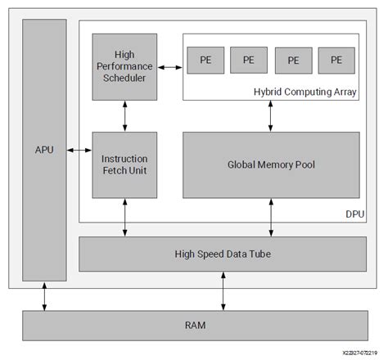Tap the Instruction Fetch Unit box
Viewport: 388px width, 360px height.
pyautogui.click(x=124, y=164)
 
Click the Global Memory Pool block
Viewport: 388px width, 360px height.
pyautogui.click(x=270, y=164)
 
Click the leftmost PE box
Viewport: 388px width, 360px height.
pyautogui.click(x=201, y=60)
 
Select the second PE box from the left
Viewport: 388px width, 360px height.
pyautogui.click(x=248, y=60)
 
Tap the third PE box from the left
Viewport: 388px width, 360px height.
pyautogui.click(x=293, y=60)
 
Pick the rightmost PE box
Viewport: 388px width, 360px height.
pyautogui.click(x=336, y=60)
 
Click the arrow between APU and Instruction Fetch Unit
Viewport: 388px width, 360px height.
pyautogui.click(x=79, y=150)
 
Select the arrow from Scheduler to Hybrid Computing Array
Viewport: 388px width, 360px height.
pyautogui.click(x=169, y=67)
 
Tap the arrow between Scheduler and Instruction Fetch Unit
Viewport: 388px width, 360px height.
pyautogui.click(x=124, y=115)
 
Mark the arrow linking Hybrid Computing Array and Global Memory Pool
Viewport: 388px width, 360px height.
pyautogui.click(x=270, y=115)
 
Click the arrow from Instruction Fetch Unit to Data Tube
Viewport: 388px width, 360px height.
pyautogui.click(x=124, y=218)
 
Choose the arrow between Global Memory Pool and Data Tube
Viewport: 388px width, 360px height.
pyautogui.click(x=270, y=218)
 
